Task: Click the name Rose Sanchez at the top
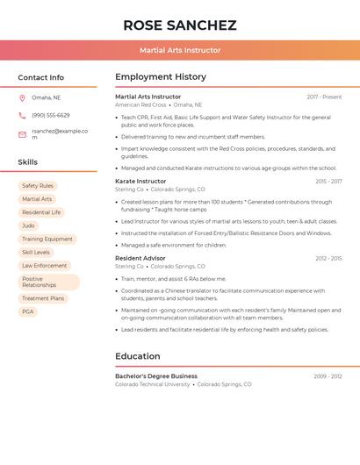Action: [x=180, y=25]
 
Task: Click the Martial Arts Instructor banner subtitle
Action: [x=180, y=50]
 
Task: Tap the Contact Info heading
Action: [x=40, y=77]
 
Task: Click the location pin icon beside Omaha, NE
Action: [x=22, y=98]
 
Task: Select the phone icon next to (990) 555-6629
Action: [x=22, y=115]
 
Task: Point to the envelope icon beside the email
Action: [x=22, y=134]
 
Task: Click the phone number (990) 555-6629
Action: [x=51, y=115]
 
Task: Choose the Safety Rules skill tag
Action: [x=38, y=186]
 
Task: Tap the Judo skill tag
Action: [x=28, y=225]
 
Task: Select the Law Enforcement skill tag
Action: [x=44, y=265]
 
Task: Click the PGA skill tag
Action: [x=28, y=311]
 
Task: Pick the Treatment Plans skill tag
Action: [x=43, y=298]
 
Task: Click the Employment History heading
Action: [x=161, y=77]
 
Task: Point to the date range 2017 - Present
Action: [x=324, y=97]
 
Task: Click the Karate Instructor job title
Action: [x=140, y=181]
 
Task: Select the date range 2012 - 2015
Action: [x=328, y=259]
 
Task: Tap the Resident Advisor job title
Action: [x=140, y=258]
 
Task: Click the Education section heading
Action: [x=138, y=356]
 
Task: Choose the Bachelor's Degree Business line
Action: [x=156, y=376]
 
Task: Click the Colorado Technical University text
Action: [x=153, y=384]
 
